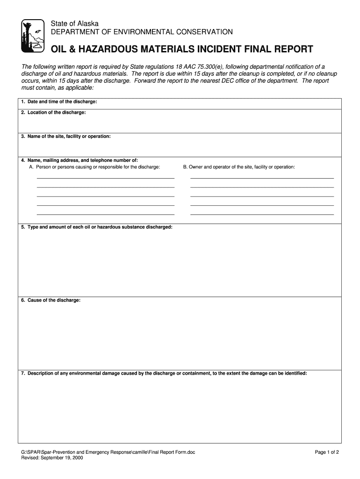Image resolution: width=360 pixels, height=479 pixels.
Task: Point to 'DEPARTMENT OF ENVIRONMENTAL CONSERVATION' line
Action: tap(142, 32)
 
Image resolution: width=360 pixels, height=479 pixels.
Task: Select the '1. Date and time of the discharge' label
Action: tap(59, 102)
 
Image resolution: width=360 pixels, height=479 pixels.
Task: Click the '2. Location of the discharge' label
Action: tap(53, 112)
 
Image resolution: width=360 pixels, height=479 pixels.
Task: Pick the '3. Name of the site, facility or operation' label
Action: tap(66, 137)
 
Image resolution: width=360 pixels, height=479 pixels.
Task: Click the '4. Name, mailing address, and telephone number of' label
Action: tap(79, 160)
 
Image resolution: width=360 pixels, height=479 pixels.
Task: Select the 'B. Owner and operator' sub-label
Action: tap(239, 167)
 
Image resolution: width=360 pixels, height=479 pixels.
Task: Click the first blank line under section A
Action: tap(105, 178)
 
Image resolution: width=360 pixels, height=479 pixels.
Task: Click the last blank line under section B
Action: tap(262, 214)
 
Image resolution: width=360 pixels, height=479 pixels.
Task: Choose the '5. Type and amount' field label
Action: tap(97, 227)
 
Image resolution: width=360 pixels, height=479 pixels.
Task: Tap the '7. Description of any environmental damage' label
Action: tap(164, 373)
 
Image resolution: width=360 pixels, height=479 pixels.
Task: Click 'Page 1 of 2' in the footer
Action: tap(326, 452)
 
